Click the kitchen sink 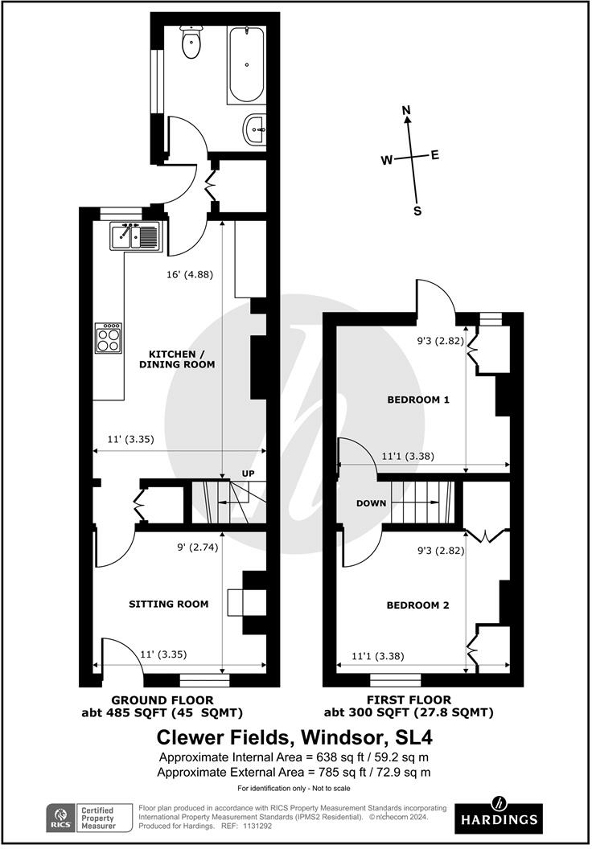point(135,236)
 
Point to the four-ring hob point(109,338)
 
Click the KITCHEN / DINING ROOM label point(177,359)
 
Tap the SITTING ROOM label point(168,604)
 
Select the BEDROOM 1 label point(418,400)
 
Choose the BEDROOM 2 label point(417,605)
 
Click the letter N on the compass point(406,110)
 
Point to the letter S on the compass point(417,211)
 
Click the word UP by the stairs point(248,474)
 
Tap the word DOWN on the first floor point(371,503)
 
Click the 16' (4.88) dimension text point(190,274)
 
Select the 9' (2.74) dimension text point(198,547)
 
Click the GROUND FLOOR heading point(162,700)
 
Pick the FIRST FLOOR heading point(409,699)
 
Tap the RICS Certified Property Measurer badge point(88,818)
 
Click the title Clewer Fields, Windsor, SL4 point(294,737)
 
